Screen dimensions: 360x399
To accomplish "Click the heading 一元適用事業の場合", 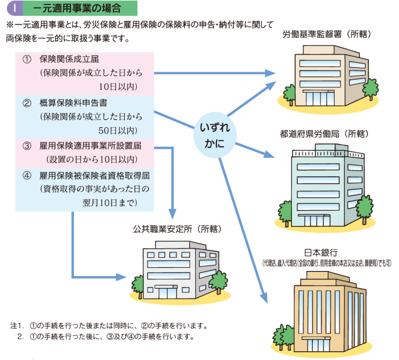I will point(77,8).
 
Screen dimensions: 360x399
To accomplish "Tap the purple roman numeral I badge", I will point(15,8).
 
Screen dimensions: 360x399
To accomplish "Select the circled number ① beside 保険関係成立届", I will point(27,59).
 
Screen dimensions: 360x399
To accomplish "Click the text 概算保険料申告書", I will point(73,103).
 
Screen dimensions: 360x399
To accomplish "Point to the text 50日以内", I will point(118,131).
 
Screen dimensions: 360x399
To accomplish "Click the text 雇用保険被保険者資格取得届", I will point(94,176).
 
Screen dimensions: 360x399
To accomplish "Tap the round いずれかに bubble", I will point(215,135).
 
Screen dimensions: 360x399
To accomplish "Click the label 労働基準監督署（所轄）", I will point(327,34).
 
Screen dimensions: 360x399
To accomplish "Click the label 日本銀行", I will point(321,253).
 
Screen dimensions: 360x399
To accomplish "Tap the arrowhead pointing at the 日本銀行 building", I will point(264,299).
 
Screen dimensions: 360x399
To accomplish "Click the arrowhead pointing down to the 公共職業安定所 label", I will point(172,214).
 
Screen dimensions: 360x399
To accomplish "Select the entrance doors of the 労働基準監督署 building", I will point(320,98).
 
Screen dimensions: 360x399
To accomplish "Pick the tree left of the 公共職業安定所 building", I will point(138,286).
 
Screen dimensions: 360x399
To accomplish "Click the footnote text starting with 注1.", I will point(109,326).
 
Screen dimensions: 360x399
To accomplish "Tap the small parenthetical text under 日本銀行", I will point(327,263).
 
